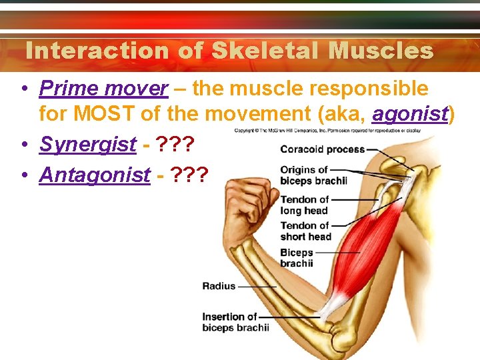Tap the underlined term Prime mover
(104, 88)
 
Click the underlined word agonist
(410, 114)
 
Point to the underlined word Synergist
(88, 144)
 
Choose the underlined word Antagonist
(95, 175)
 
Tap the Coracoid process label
(322, 149)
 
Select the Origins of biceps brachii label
(313, 175)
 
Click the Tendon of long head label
(305, 205)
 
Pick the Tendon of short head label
(305, 231)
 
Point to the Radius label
(219, 286)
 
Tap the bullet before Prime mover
(24, 89)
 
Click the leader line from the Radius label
(257, 287)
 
